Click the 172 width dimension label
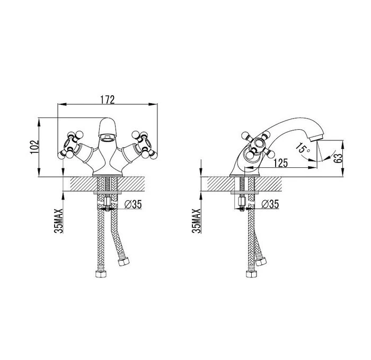pyautogui.click(x=108, y=100)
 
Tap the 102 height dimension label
pyautogui.click(x=34, y=147)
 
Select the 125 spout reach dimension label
pyautogui.click(x=281, y=163)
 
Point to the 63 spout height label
pyautogui.click(x=338, y=158)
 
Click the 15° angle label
pyautogui.click(x=303, y=148)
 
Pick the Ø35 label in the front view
pyautogui.click(x=133, y=204)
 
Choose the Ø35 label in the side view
pyautogui.click(x=270, y=204)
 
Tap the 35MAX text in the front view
pyautogui.click(x=59, y=221)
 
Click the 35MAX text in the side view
pyautogui.click(x=197, y=221)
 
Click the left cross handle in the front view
pyautogui.click(x=70, y=145)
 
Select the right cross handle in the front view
pyautogui.click(x=144, y=145)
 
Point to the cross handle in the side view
pyautogui.click(x=258, y=145)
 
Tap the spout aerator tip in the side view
pyautogui.click(x=316, y=138)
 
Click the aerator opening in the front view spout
pyautogui.click(x=108, y=137)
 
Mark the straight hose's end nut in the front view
pyautogui.click(x=101, y=274)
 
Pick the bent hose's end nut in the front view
pyautogui.click(x=123, y=262)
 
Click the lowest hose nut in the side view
pyautogui.click(x=252, y=274)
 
